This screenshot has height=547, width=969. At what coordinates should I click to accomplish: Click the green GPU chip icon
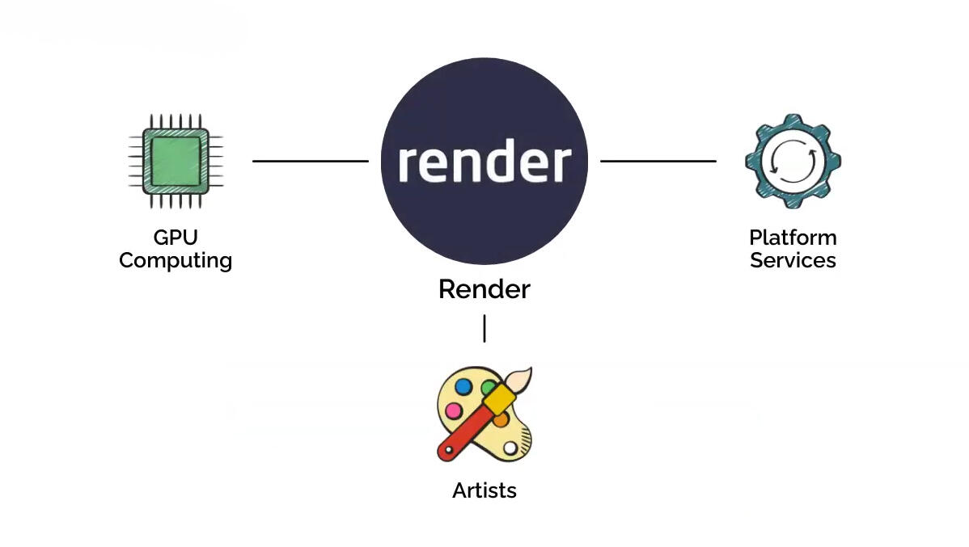176,160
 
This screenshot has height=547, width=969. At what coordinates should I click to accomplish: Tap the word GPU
176,238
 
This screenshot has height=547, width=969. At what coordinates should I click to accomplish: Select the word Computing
176,261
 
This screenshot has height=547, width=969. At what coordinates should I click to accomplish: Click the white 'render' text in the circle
484,162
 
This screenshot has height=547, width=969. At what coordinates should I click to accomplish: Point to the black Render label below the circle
484,289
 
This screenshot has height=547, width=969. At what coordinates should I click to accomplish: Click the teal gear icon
793,161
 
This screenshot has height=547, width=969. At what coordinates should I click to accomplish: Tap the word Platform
793,238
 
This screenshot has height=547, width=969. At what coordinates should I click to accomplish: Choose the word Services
793,260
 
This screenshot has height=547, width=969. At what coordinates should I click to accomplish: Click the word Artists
484,490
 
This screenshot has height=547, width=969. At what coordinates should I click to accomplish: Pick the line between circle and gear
658,161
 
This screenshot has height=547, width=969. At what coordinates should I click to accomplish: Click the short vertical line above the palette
484,328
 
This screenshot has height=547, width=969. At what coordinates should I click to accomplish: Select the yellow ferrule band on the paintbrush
502,397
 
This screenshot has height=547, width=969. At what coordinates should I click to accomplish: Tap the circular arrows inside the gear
793,161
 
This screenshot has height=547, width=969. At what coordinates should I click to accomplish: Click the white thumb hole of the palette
510,448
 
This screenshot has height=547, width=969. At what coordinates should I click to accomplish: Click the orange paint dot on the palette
501,419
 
